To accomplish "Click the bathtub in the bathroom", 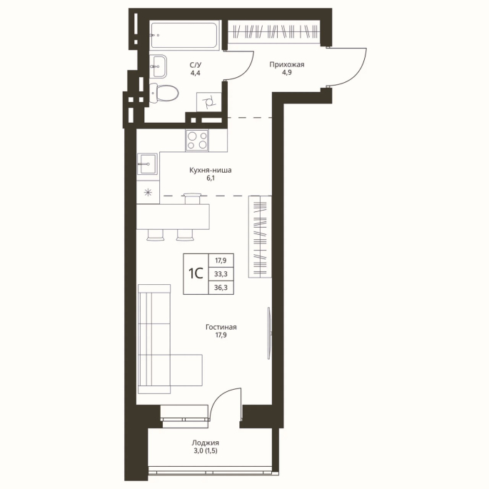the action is [185, 35].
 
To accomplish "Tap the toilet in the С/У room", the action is [163, 93].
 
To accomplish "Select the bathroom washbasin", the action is [158, 66].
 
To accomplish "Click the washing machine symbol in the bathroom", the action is [208, 101].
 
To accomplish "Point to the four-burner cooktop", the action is [197, 141].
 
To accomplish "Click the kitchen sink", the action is [148, 163].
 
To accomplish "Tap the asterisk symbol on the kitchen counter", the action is [148, 193].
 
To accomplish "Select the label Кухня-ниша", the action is [211, 171].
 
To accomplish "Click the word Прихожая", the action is [287, 64].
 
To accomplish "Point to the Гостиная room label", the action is [221, 327].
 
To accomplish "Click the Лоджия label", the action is [205, 443].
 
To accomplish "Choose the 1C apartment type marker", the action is [196, 273].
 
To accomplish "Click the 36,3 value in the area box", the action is [221, 288].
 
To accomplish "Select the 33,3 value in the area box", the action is [221, 274].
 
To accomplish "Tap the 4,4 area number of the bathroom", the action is [196, 73].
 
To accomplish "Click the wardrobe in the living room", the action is [260, 236].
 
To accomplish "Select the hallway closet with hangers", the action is [274, 32].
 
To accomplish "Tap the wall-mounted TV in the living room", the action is [269, 333].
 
